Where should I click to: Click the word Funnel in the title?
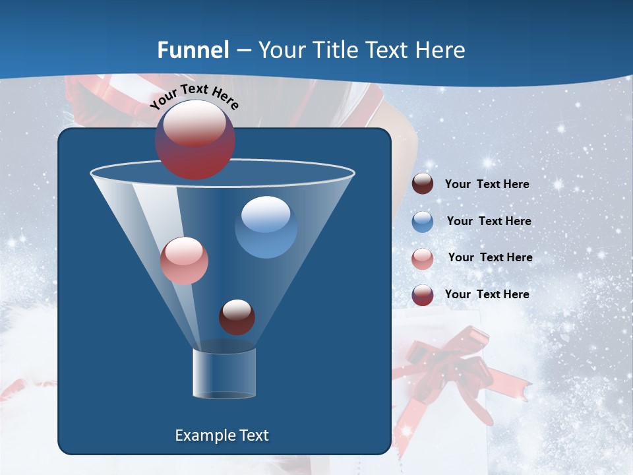193,49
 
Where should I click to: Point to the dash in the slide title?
243,50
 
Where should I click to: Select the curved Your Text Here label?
194,96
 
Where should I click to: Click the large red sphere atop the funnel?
195,140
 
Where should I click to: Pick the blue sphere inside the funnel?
266,227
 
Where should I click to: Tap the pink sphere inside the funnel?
184,261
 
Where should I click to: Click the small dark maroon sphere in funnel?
237,317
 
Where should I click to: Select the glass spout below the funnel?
224,373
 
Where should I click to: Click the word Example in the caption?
205,435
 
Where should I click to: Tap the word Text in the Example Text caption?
253,435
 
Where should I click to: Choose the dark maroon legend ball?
423,184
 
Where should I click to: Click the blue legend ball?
423,222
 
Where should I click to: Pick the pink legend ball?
423,259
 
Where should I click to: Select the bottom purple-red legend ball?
423,295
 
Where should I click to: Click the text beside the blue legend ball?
489,221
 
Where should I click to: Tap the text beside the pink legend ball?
490,257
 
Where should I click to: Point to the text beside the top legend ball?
487,184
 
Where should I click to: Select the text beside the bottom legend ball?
487,294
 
